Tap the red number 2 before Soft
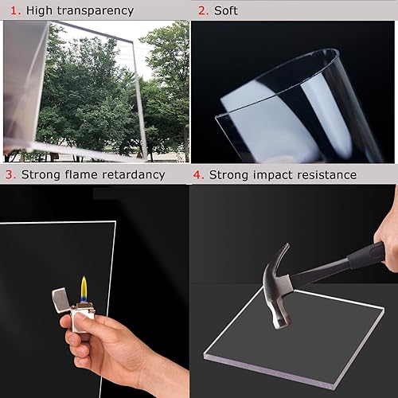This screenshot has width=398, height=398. (203, 10)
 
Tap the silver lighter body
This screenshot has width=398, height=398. (81, 318)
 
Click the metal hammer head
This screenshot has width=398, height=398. (278, 275)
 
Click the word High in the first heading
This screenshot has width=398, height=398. (37, 11)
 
